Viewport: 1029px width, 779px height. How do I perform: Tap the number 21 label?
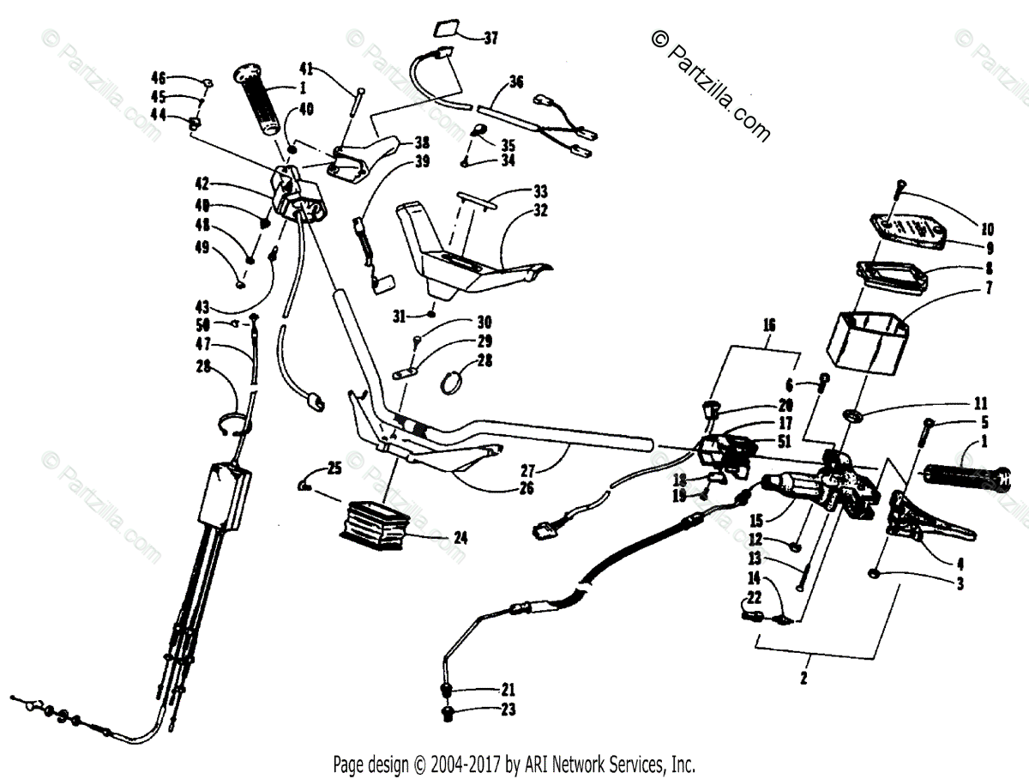[508, 688]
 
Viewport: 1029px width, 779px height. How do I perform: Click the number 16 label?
[769, 325]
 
